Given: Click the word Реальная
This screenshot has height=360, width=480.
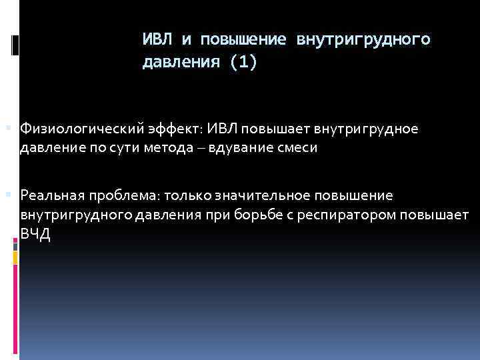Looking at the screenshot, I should tap(51, 195).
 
